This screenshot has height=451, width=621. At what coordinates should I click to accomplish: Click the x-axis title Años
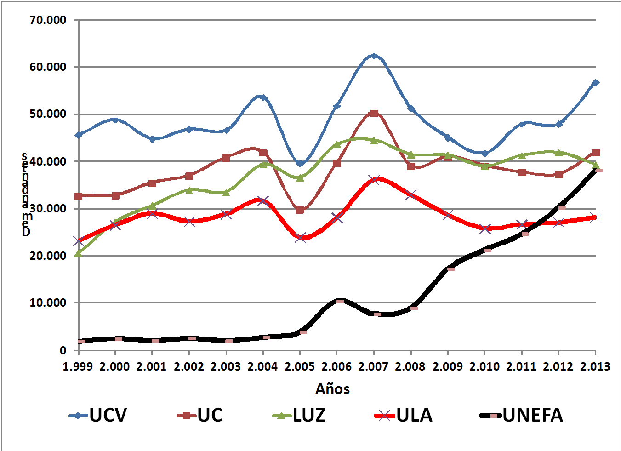pos(333,389)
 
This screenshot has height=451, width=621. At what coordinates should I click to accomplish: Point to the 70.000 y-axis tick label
pos(48,20)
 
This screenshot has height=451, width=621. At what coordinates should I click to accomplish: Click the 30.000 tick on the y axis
pos(48,209)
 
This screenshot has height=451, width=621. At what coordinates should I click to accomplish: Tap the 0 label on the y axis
pos(63,350)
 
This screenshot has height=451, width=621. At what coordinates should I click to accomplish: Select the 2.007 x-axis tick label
pos(374,366)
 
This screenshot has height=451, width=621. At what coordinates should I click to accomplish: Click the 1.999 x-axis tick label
pos(79,366)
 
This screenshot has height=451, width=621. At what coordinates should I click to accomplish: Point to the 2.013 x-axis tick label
pos(595,366)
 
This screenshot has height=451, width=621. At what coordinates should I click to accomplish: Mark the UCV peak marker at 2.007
pos(374,56)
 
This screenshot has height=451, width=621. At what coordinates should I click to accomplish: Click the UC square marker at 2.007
pos(374,113)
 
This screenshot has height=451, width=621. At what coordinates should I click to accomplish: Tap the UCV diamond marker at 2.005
pos(300,163)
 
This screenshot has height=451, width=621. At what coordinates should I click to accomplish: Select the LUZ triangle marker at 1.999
pos(79,253)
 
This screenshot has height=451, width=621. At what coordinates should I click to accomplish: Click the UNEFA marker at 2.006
pos(340,301)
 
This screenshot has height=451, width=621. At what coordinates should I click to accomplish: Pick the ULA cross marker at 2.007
pos(374,180)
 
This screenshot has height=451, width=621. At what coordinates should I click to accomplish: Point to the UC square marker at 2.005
pos(300,210)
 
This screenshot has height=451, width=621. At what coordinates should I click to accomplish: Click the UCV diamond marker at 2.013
pos(595,83)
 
